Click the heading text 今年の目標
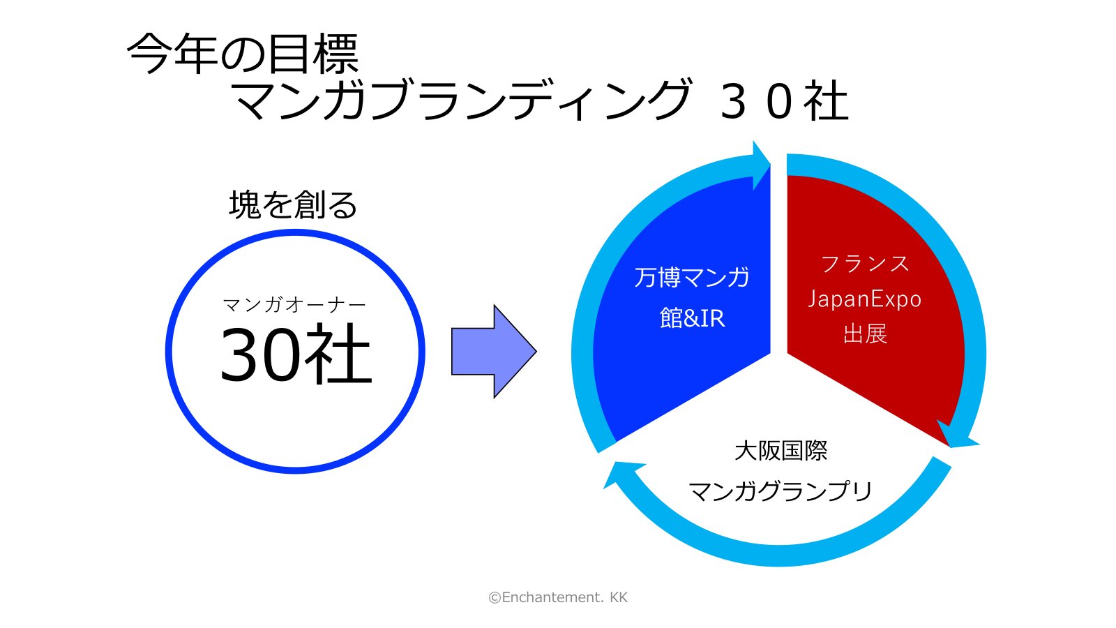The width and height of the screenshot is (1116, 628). (243, 53)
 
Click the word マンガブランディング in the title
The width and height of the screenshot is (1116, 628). (462, 100)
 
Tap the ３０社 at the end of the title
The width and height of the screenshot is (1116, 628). (784, 101)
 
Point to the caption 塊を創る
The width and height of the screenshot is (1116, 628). (293, 205)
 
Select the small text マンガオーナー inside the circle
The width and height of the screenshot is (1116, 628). (294, 304)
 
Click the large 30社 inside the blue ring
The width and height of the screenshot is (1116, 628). (296, 354)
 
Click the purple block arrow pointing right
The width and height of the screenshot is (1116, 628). (494, 352)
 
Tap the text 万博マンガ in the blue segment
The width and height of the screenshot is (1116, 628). (691, 278)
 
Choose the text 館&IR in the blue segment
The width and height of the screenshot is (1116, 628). (692, 318)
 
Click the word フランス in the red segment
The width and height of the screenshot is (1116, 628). (865, 264)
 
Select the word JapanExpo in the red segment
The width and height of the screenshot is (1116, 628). (865, 299)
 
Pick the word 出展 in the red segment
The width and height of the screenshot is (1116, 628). (865, 334)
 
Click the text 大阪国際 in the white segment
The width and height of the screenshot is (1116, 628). (781, 451)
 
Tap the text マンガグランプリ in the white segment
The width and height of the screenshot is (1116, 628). (780, 491)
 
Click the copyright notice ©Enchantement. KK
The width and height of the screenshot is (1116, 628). (558, 597)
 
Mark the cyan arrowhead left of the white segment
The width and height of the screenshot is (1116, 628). (623, 474)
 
